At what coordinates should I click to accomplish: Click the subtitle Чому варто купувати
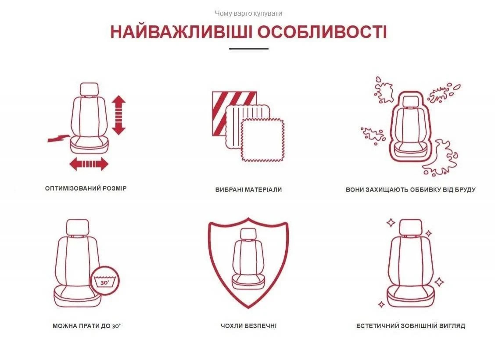[248, 13]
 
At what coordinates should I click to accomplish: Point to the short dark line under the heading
[249, 49]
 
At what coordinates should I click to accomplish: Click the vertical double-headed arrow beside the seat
[118, 115]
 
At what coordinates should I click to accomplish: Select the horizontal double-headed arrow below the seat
[89, 164]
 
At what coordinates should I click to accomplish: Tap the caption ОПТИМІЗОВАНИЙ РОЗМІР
[86, 189]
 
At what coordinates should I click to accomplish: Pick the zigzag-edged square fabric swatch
[263, 140]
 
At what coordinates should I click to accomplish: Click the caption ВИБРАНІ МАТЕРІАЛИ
[248, 189]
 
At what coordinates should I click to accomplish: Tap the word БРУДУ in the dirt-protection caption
[465, 189]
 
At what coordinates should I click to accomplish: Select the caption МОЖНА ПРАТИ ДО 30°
[87, 326]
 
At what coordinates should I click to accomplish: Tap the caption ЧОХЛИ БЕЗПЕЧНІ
[248, 326]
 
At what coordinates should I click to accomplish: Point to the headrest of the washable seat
[78, 227]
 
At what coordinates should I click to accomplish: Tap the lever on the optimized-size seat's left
[58, 138]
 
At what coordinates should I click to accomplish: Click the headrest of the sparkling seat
[411, 227]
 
